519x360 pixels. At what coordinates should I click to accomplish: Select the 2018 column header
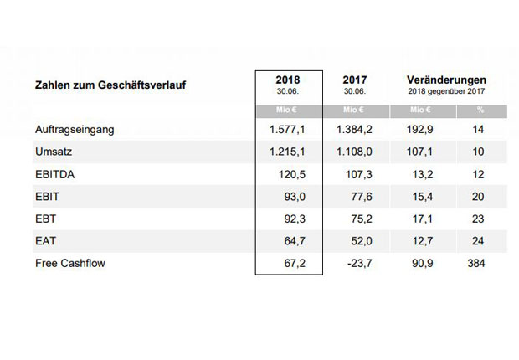[286, 79]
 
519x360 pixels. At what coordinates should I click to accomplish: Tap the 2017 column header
[354, 79]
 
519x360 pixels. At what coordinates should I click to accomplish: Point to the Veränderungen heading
[447, 78]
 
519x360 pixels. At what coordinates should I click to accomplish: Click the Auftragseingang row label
[74, 131]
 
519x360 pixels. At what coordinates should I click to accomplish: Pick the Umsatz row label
[54, 153]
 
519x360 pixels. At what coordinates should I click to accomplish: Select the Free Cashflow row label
[70, 263]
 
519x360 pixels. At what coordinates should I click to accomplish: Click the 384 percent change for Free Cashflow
[478, 263]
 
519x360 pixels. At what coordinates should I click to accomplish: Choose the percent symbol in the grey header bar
[480, 111]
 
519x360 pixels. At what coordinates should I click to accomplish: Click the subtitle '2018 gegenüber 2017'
[447, 90]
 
